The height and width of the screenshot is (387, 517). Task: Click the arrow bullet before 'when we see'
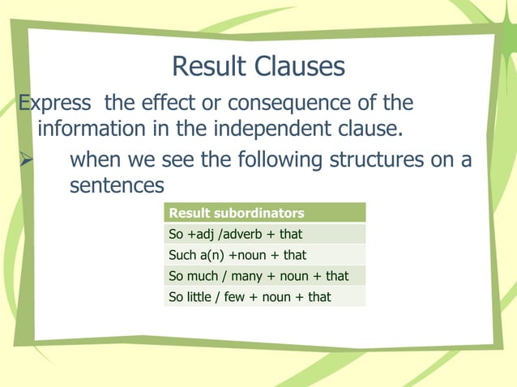tap(26, 159)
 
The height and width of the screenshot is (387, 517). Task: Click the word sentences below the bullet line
tap(117, 185)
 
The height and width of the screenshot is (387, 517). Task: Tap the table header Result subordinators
tap(236, 214)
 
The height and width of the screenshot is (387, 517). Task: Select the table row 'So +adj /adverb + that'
tap(234, 235)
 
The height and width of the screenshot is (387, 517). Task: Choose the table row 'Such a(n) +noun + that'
tap(237, 256)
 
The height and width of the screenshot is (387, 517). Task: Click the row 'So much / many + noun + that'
tap(258, 276)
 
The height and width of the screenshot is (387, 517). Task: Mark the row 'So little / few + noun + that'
tap(249, 297)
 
